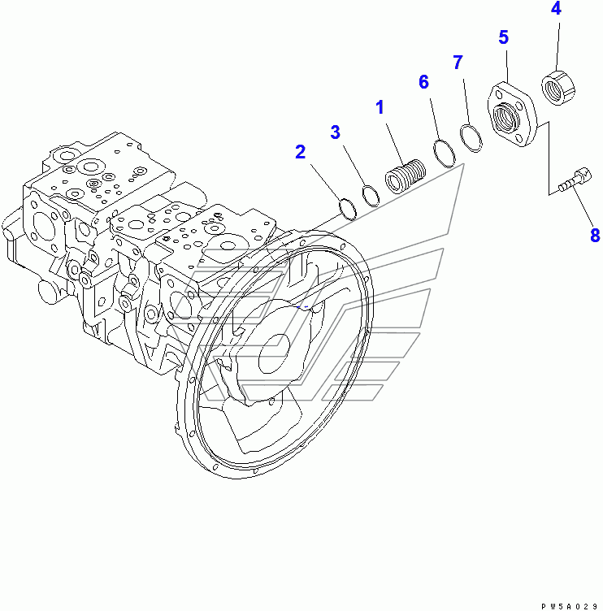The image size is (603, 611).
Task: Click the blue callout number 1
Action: [380, 107]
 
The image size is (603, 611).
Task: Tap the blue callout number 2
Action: [301, 151]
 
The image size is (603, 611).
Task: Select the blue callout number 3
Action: [335, 132]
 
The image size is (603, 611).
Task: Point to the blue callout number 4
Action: [556, 10]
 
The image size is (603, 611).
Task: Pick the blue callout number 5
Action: [504, 37]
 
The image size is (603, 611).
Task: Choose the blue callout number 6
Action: [423, 81]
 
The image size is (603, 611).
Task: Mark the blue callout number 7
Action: [458, 62]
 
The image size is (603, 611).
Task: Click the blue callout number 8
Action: [595, 236]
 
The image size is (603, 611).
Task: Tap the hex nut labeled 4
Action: [558, 87]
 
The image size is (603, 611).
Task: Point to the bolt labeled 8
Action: [573, 180]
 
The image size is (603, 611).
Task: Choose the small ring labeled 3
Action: [370, 196]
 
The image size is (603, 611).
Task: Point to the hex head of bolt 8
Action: [582, 174]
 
